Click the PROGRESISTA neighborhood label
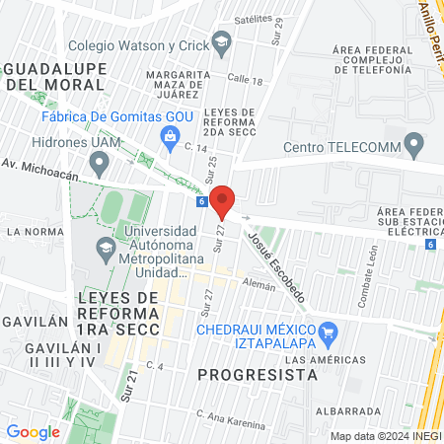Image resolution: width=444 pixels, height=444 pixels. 258,375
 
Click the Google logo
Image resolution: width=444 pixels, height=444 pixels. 33,431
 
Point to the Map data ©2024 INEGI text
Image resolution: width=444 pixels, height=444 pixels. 385,436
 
